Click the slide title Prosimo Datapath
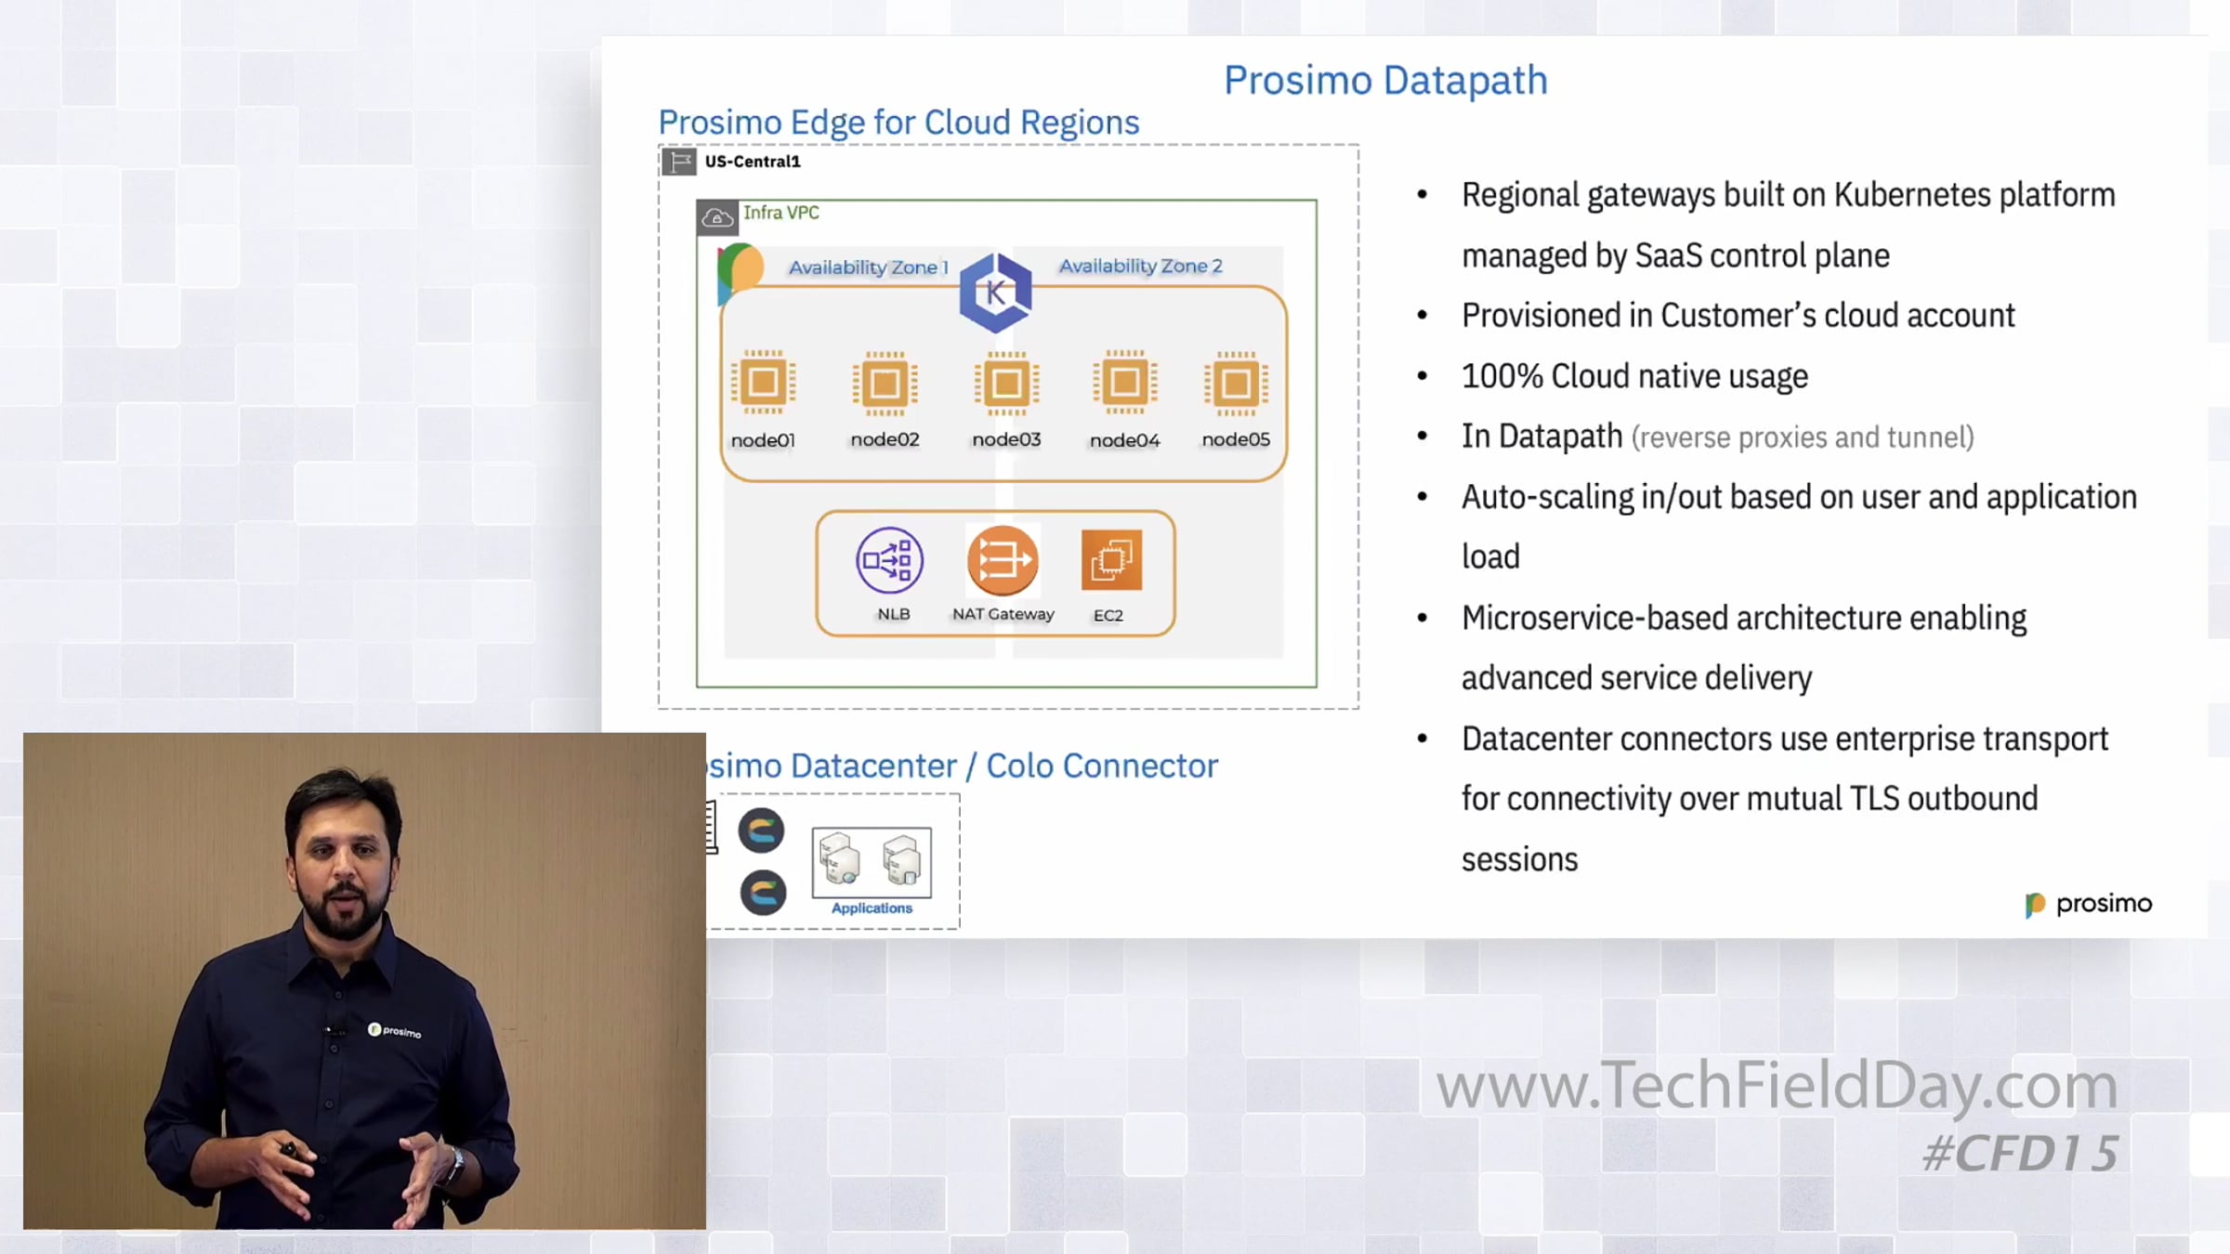[x=1385, y=81]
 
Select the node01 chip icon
[x=763, y=382]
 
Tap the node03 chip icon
[x=1006, y=383]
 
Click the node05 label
[x=1235, y=439]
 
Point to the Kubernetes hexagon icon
[x=995, y=293]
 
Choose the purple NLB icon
[x=889, y=560]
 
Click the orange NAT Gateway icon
[x=1002, y=560]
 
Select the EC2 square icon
[x=1111, y=560]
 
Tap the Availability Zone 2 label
[x=1140, y=266]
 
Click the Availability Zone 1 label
[x=868, y=268]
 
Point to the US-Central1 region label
[x=752, y=162]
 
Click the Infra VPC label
[x=780, y=213]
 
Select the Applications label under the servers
[x=872, y=908]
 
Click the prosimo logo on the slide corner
[x=2088, y=904]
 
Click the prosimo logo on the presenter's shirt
[x=395, y=1030]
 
